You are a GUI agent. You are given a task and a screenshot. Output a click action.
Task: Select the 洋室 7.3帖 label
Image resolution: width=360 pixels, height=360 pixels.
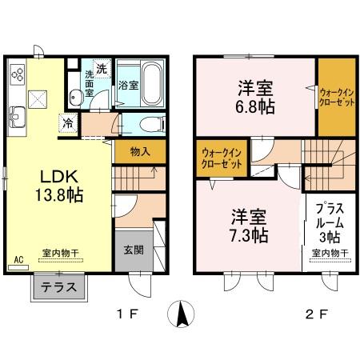[250, 226]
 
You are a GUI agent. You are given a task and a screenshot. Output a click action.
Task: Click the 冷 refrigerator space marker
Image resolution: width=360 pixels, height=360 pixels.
[70, 124]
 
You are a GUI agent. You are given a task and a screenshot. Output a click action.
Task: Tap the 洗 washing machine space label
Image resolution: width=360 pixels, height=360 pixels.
[102, 68]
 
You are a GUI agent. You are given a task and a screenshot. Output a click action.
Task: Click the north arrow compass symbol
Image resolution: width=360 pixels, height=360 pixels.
[182, 313]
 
